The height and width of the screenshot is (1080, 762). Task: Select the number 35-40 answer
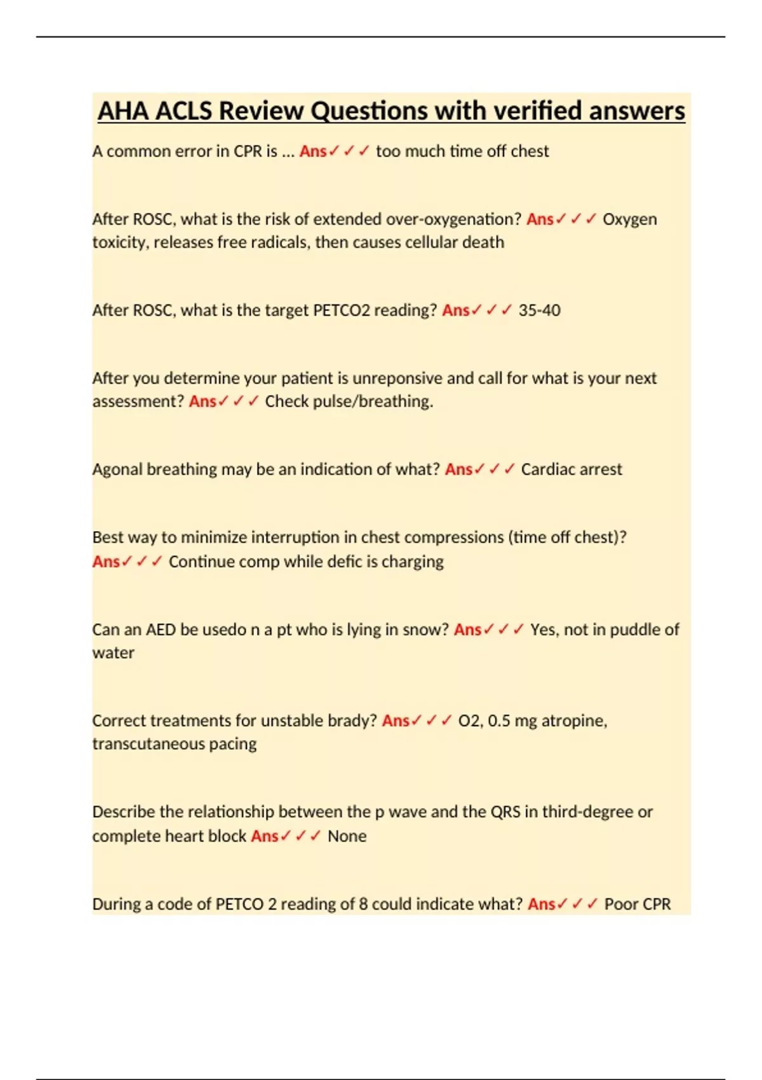539,311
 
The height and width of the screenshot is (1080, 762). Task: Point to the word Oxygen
629,219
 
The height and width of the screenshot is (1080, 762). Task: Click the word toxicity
119,243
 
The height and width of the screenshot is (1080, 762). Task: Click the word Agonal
117,469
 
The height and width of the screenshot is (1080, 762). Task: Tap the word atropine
574,721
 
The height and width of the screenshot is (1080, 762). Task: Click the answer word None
347,836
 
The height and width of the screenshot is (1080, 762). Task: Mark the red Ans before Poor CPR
541,904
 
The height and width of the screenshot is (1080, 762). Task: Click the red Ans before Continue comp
105,562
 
